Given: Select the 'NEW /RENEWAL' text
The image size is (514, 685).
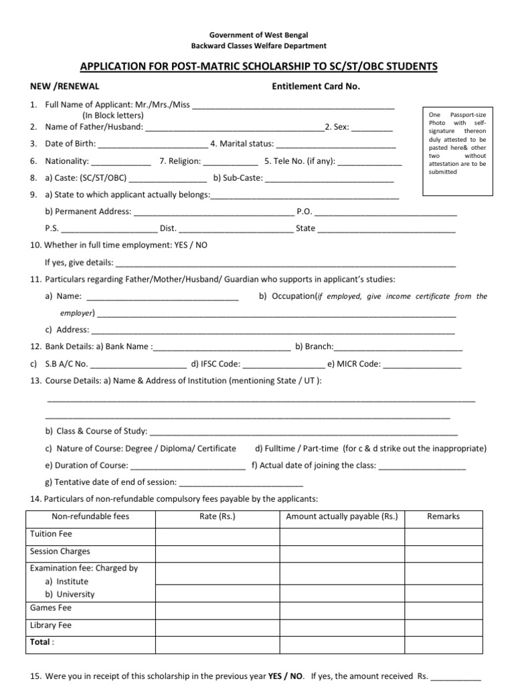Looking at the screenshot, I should click(x=64, y=86).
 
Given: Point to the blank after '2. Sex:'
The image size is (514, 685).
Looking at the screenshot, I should click(x=372, y=128).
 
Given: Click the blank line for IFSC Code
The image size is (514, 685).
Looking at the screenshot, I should click(x=283, y=366).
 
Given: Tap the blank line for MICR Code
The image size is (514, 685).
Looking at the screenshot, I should click(x=422, y=366).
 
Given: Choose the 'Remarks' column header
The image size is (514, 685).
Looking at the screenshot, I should click(x=443, y=516).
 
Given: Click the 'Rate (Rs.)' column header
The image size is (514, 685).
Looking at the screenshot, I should click(x=218, y=516).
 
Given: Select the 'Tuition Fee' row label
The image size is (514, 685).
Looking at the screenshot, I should click(x=51, y=534).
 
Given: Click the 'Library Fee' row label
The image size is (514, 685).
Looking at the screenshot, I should click(x=50, y=625).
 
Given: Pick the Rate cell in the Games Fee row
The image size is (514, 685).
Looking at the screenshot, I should click(x=218, y=608).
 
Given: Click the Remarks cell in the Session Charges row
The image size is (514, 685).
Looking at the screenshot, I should click(x=443, y=552).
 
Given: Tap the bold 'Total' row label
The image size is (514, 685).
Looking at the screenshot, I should click(x=41, y=642).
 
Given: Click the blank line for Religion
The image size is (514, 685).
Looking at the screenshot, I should click(x=230, y=163).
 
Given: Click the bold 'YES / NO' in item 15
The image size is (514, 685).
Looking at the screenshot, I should click(x=286, y=676).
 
